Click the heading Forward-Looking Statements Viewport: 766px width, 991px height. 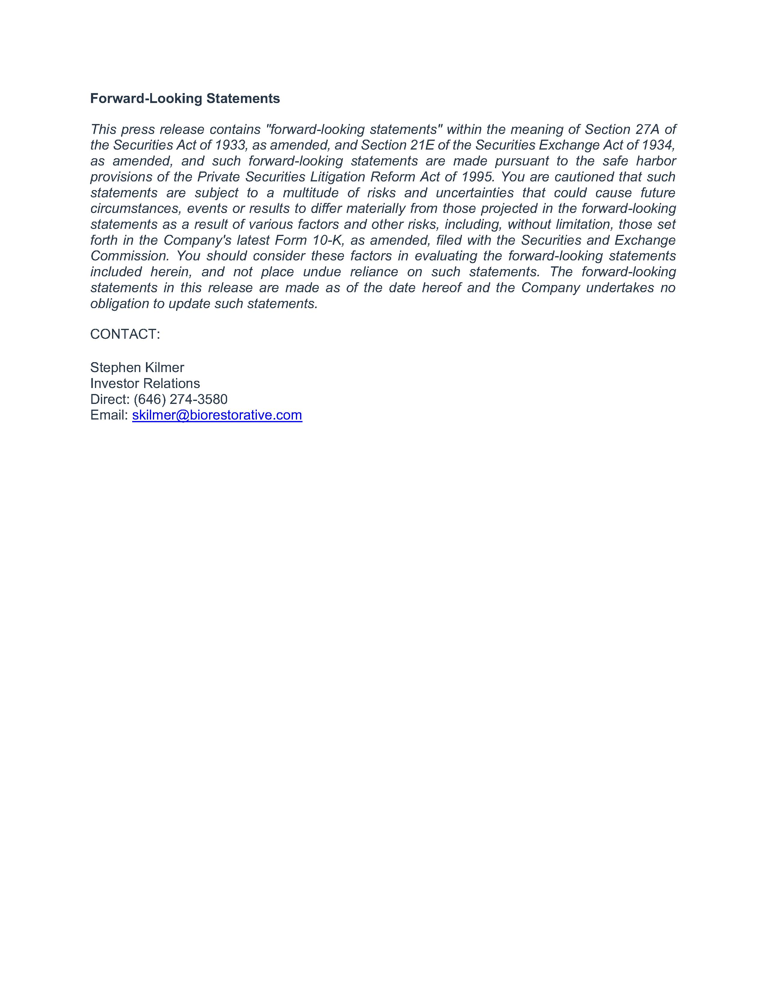pyautogui.click(x=185, y=98)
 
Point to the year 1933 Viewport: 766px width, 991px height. pyautogui.click(x=230, y=145)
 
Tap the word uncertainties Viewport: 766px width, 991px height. pyautogui.click(x=475, y=193)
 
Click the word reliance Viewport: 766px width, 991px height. pyautogui.click(x=374, y=272)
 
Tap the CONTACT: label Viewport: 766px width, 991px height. pyautogui.click(x=125, y=335)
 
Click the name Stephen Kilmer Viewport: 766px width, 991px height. pyautogui.click(x=137, y=368)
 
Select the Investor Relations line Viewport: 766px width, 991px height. pyautogui.click(x=145, y=383)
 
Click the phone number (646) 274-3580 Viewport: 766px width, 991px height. pyautogui.click(x=180, y=399)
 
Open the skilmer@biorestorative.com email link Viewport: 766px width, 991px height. pyautogui.click(x=217, y=415)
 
